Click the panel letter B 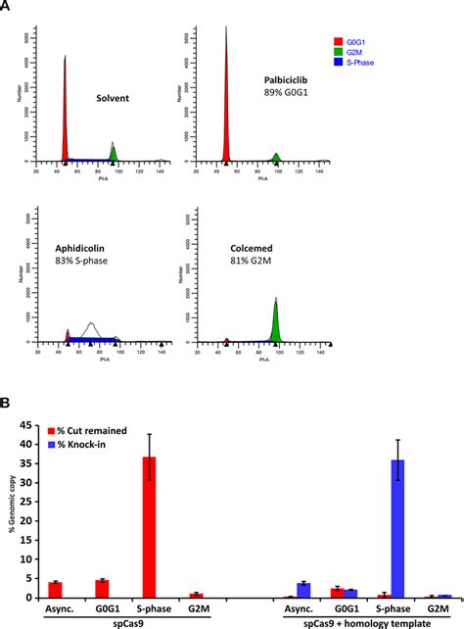pyautogui.click(x=7, y=401)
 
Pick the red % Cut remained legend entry pyautogui.click(x=84, y=429)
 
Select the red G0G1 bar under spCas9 pyautogui.click(x=102, y=589)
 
